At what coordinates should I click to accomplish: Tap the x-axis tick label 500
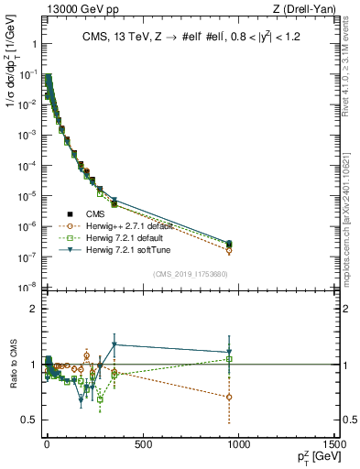142,445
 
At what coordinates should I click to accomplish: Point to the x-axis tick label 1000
238,445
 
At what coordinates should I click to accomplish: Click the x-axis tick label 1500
334,445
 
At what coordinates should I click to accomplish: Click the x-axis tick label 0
46,445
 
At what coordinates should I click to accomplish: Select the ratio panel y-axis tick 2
33,309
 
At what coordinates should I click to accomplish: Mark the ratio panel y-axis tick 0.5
29,420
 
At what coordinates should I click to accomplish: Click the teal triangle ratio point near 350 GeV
114,344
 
